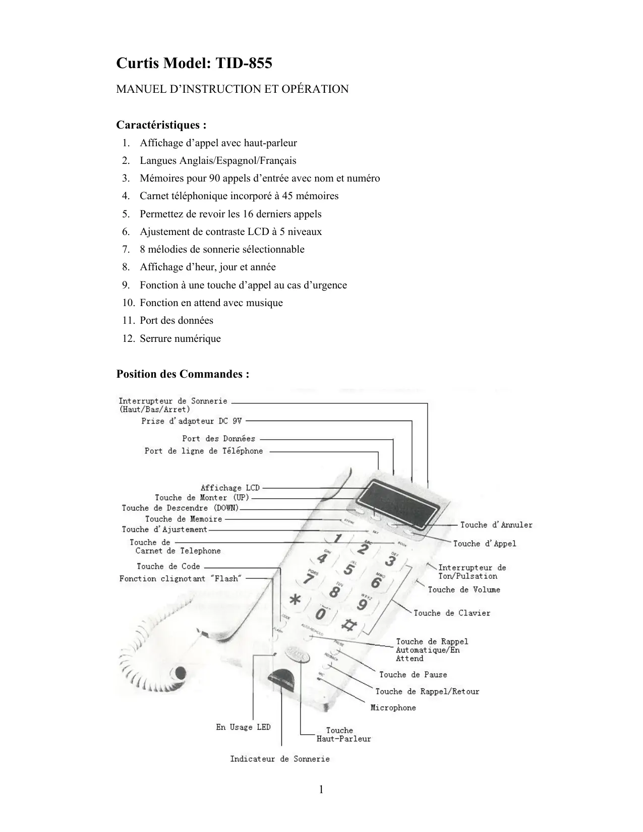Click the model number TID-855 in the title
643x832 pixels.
(x=244, y=64)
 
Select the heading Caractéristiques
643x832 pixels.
(x=161, y=125)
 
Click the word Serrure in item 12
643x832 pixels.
(x=155, y=338)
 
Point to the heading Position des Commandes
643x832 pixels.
(x=183, y=374)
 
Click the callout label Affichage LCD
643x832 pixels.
(x=230, y=488)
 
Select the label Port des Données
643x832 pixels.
(x=219, y=439)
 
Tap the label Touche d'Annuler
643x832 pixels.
(x=496, y=525)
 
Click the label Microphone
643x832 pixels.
(x=393, y=707)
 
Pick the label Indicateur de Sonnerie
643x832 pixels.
(x=280, y=759)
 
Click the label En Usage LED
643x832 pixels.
(x=243, y=727)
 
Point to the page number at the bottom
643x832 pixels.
(x=321, y=789)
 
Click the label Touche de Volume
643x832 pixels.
(x=464, y=589)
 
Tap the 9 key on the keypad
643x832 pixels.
(x=363, y=604)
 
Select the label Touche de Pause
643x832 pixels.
(x=413, y=675)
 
